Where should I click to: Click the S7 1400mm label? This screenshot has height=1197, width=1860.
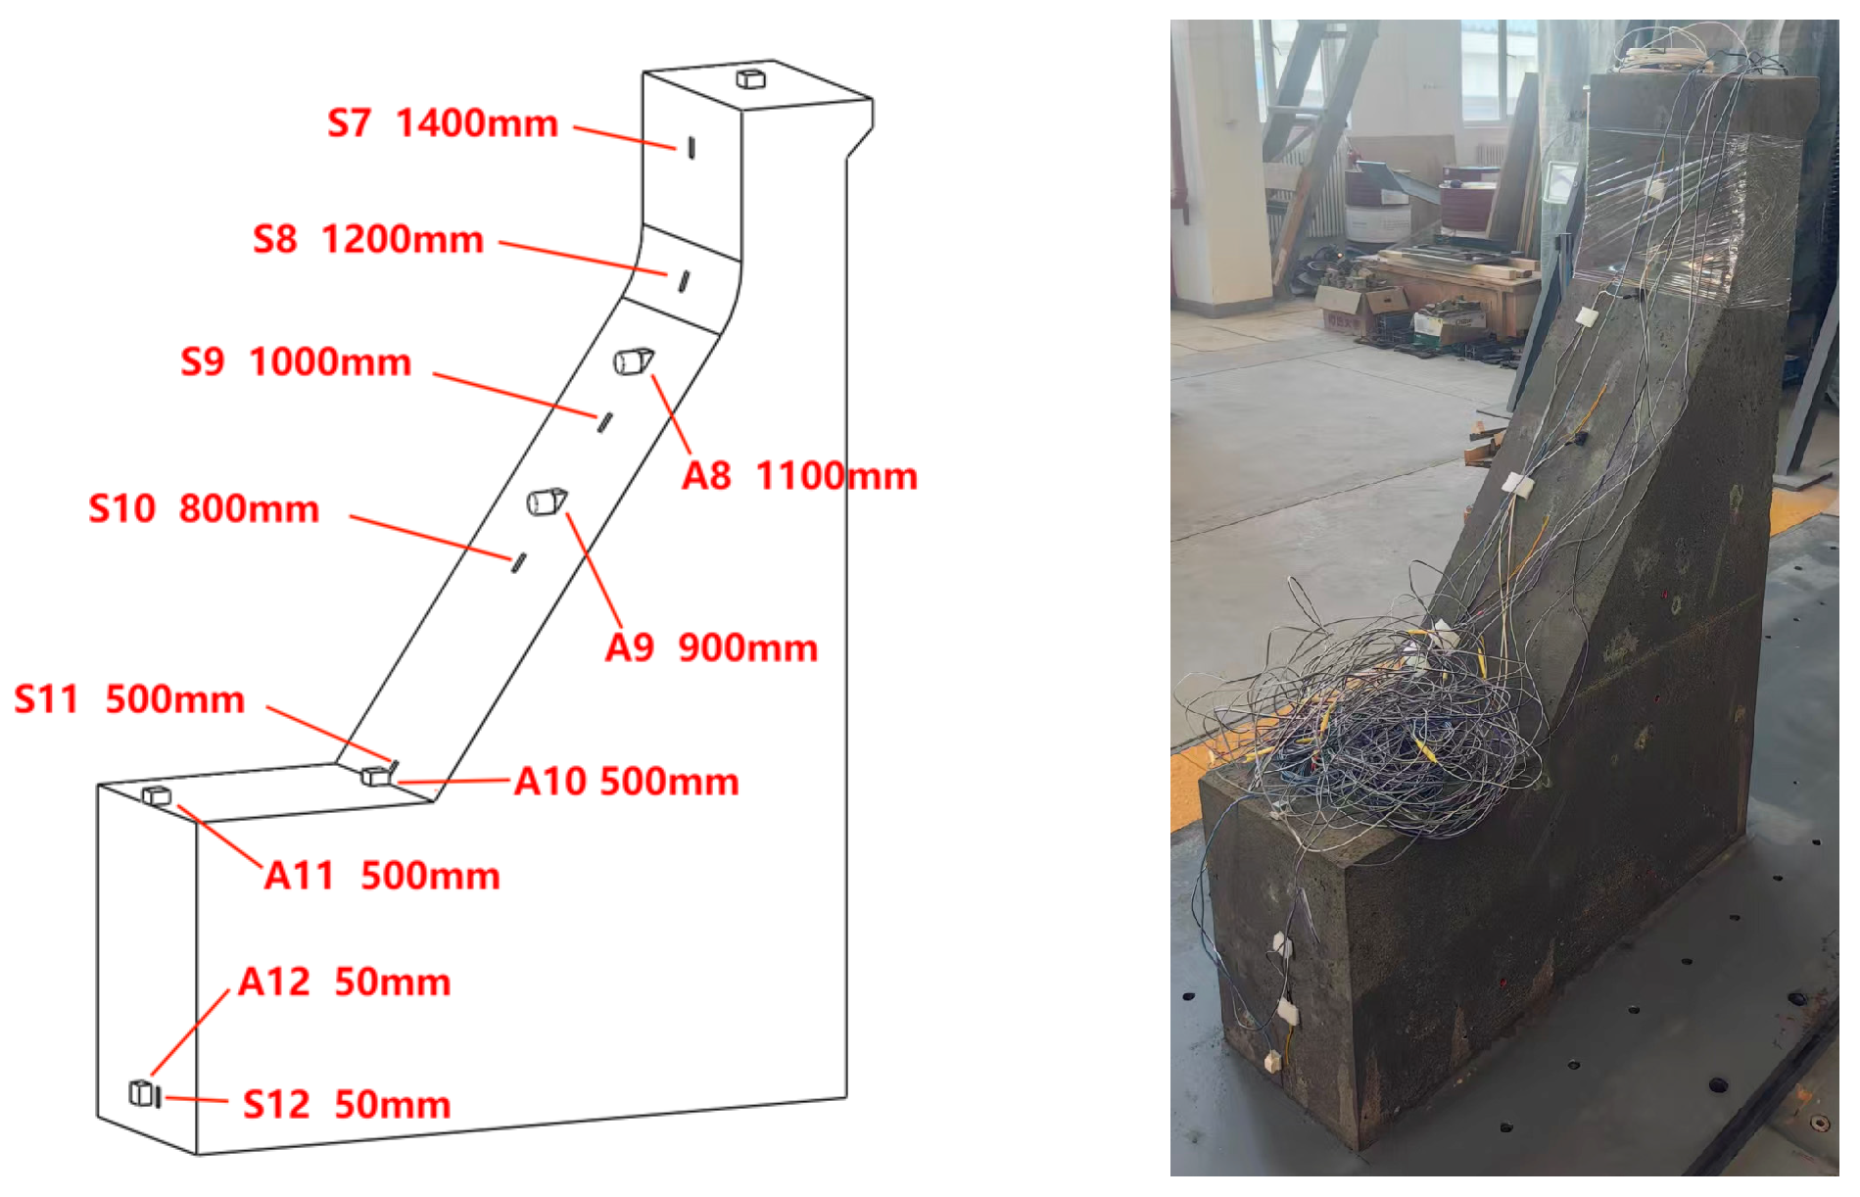(443, 123)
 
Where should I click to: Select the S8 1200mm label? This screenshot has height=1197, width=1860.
(368, 239)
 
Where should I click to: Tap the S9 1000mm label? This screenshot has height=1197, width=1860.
(296, 362)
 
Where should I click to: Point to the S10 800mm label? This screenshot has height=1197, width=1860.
(204, 508)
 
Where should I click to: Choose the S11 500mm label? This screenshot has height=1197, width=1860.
(129, 699)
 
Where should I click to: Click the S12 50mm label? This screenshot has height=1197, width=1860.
(347, 1104)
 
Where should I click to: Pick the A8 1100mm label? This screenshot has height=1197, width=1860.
(800, 476)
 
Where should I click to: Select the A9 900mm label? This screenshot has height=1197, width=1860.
(712, 647)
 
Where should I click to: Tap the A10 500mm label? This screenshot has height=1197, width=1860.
(627, 782)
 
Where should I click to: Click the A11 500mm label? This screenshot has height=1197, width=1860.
(382, 876)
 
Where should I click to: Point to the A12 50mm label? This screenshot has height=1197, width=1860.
(345, 982)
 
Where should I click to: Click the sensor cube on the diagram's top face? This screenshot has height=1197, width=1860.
(750, 77)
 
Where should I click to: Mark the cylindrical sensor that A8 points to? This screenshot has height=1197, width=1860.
(634, 361)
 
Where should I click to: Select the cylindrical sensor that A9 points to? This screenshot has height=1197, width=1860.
(548, 502)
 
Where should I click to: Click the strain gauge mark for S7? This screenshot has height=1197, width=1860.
(692, 148)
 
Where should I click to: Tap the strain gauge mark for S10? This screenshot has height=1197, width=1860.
(518, 562)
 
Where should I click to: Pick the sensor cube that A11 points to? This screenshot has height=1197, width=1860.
(157, 795)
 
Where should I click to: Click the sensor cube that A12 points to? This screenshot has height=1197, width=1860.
(143, 1092)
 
